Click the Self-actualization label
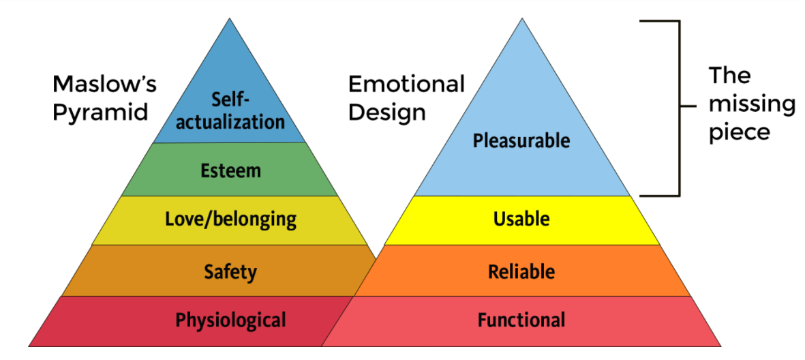pyautogui.click(x=230, y=111)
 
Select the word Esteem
pyautogui.click(x=230, y=170)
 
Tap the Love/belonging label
pyautogui.click(x=230, y=219)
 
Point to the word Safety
pyautogui.click(x=230, y=272)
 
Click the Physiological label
pyautogui.click(x=230, y=320)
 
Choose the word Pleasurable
pyautogui.click(x=521, y=141)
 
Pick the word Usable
pyautogui.click(x=521, y=219)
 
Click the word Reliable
pyautogui.click(x=521, y=272)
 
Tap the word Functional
pyautogui.click(x=521, y=320)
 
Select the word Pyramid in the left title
pyautogui.click(x=100, y=111)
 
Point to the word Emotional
pyautogui.click(x=406, y=85)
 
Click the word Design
pyautogui.click(x=386, y=111)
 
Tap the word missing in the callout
pyautogui.click(x=752, y=104)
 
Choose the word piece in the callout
pyautogui.click(x=739, y=132)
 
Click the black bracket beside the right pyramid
pyautogui.click(x=679, y=108)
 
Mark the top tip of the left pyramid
pyautogui.click(x=230, y=18)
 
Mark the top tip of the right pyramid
pyautogui.click(x=522, y=18)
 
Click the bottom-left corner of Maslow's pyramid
pyautogui.click(x=29, y=346)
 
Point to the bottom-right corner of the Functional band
pyautogui.click(x=720, y=346)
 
